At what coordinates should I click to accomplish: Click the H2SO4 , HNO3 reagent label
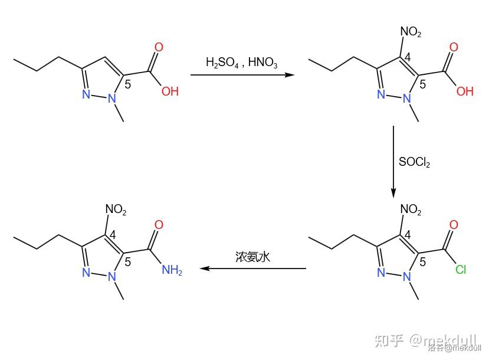241,63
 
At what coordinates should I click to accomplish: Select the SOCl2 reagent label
415,162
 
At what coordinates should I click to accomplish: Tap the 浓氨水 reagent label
252,257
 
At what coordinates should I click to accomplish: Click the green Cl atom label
461,270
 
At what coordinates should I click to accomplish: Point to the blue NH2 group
172,271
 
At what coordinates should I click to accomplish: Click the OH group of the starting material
170,91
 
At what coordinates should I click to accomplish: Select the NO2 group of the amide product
116,210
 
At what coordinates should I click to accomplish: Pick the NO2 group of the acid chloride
411,210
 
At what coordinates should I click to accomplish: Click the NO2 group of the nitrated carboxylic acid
411,32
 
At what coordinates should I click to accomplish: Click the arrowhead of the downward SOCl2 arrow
393,193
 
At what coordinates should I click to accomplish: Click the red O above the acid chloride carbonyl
453,225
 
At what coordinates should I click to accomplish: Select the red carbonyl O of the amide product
158,225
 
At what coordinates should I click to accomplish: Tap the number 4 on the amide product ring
113,235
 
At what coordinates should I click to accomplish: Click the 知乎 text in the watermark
390,341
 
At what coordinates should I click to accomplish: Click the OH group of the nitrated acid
465,91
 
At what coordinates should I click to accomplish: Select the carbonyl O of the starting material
158,48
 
